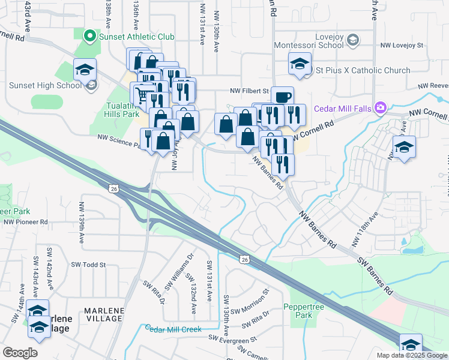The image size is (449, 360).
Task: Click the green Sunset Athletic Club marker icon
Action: click(91, 37)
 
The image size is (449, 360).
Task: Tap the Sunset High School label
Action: click(45, 85)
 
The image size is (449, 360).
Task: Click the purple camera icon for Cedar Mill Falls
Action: click(379, 108)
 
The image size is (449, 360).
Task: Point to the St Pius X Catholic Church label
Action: click(364, 70)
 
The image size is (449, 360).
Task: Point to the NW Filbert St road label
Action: click(249, 91)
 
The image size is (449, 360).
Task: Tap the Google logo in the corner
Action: click(20, 353)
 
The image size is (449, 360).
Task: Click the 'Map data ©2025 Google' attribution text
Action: click(411, 355)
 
